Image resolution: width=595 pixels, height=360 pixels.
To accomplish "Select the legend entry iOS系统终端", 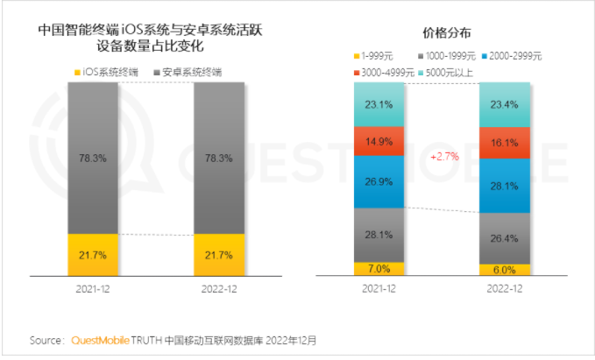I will click(x=108, y=71).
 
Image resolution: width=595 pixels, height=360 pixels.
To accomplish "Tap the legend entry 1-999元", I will click(x=377, y=56).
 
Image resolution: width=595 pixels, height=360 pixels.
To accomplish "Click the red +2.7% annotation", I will click(x=443, y=156).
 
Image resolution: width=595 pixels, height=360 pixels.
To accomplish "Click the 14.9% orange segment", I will click(x=379, y=141).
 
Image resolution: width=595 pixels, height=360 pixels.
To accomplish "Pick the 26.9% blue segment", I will click(x=379, y=181).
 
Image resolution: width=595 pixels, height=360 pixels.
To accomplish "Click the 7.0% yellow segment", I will click(x=379, y=269).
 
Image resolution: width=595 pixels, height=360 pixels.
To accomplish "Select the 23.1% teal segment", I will click(x=379, y=104).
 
